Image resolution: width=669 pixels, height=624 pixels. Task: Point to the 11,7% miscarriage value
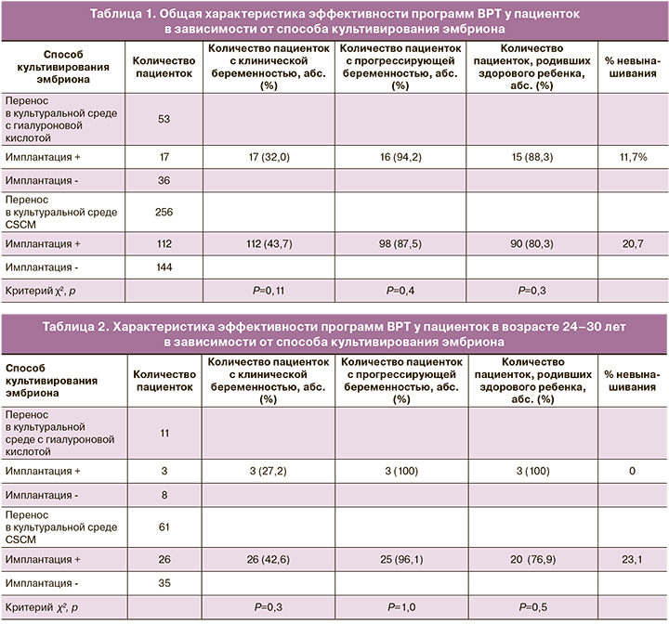point(631,159)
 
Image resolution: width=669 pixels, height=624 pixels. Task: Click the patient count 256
point(164,212)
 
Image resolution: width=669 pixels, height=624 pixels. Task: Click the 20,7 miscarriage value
point(631,243)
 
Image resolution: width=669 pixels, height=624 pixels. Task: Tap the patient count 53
point(164,119)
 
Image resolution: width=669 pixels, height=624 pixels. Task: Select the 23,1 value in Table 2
point(631,558)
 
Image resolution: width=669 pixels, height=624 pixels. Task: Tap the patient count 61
point(164,526)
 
